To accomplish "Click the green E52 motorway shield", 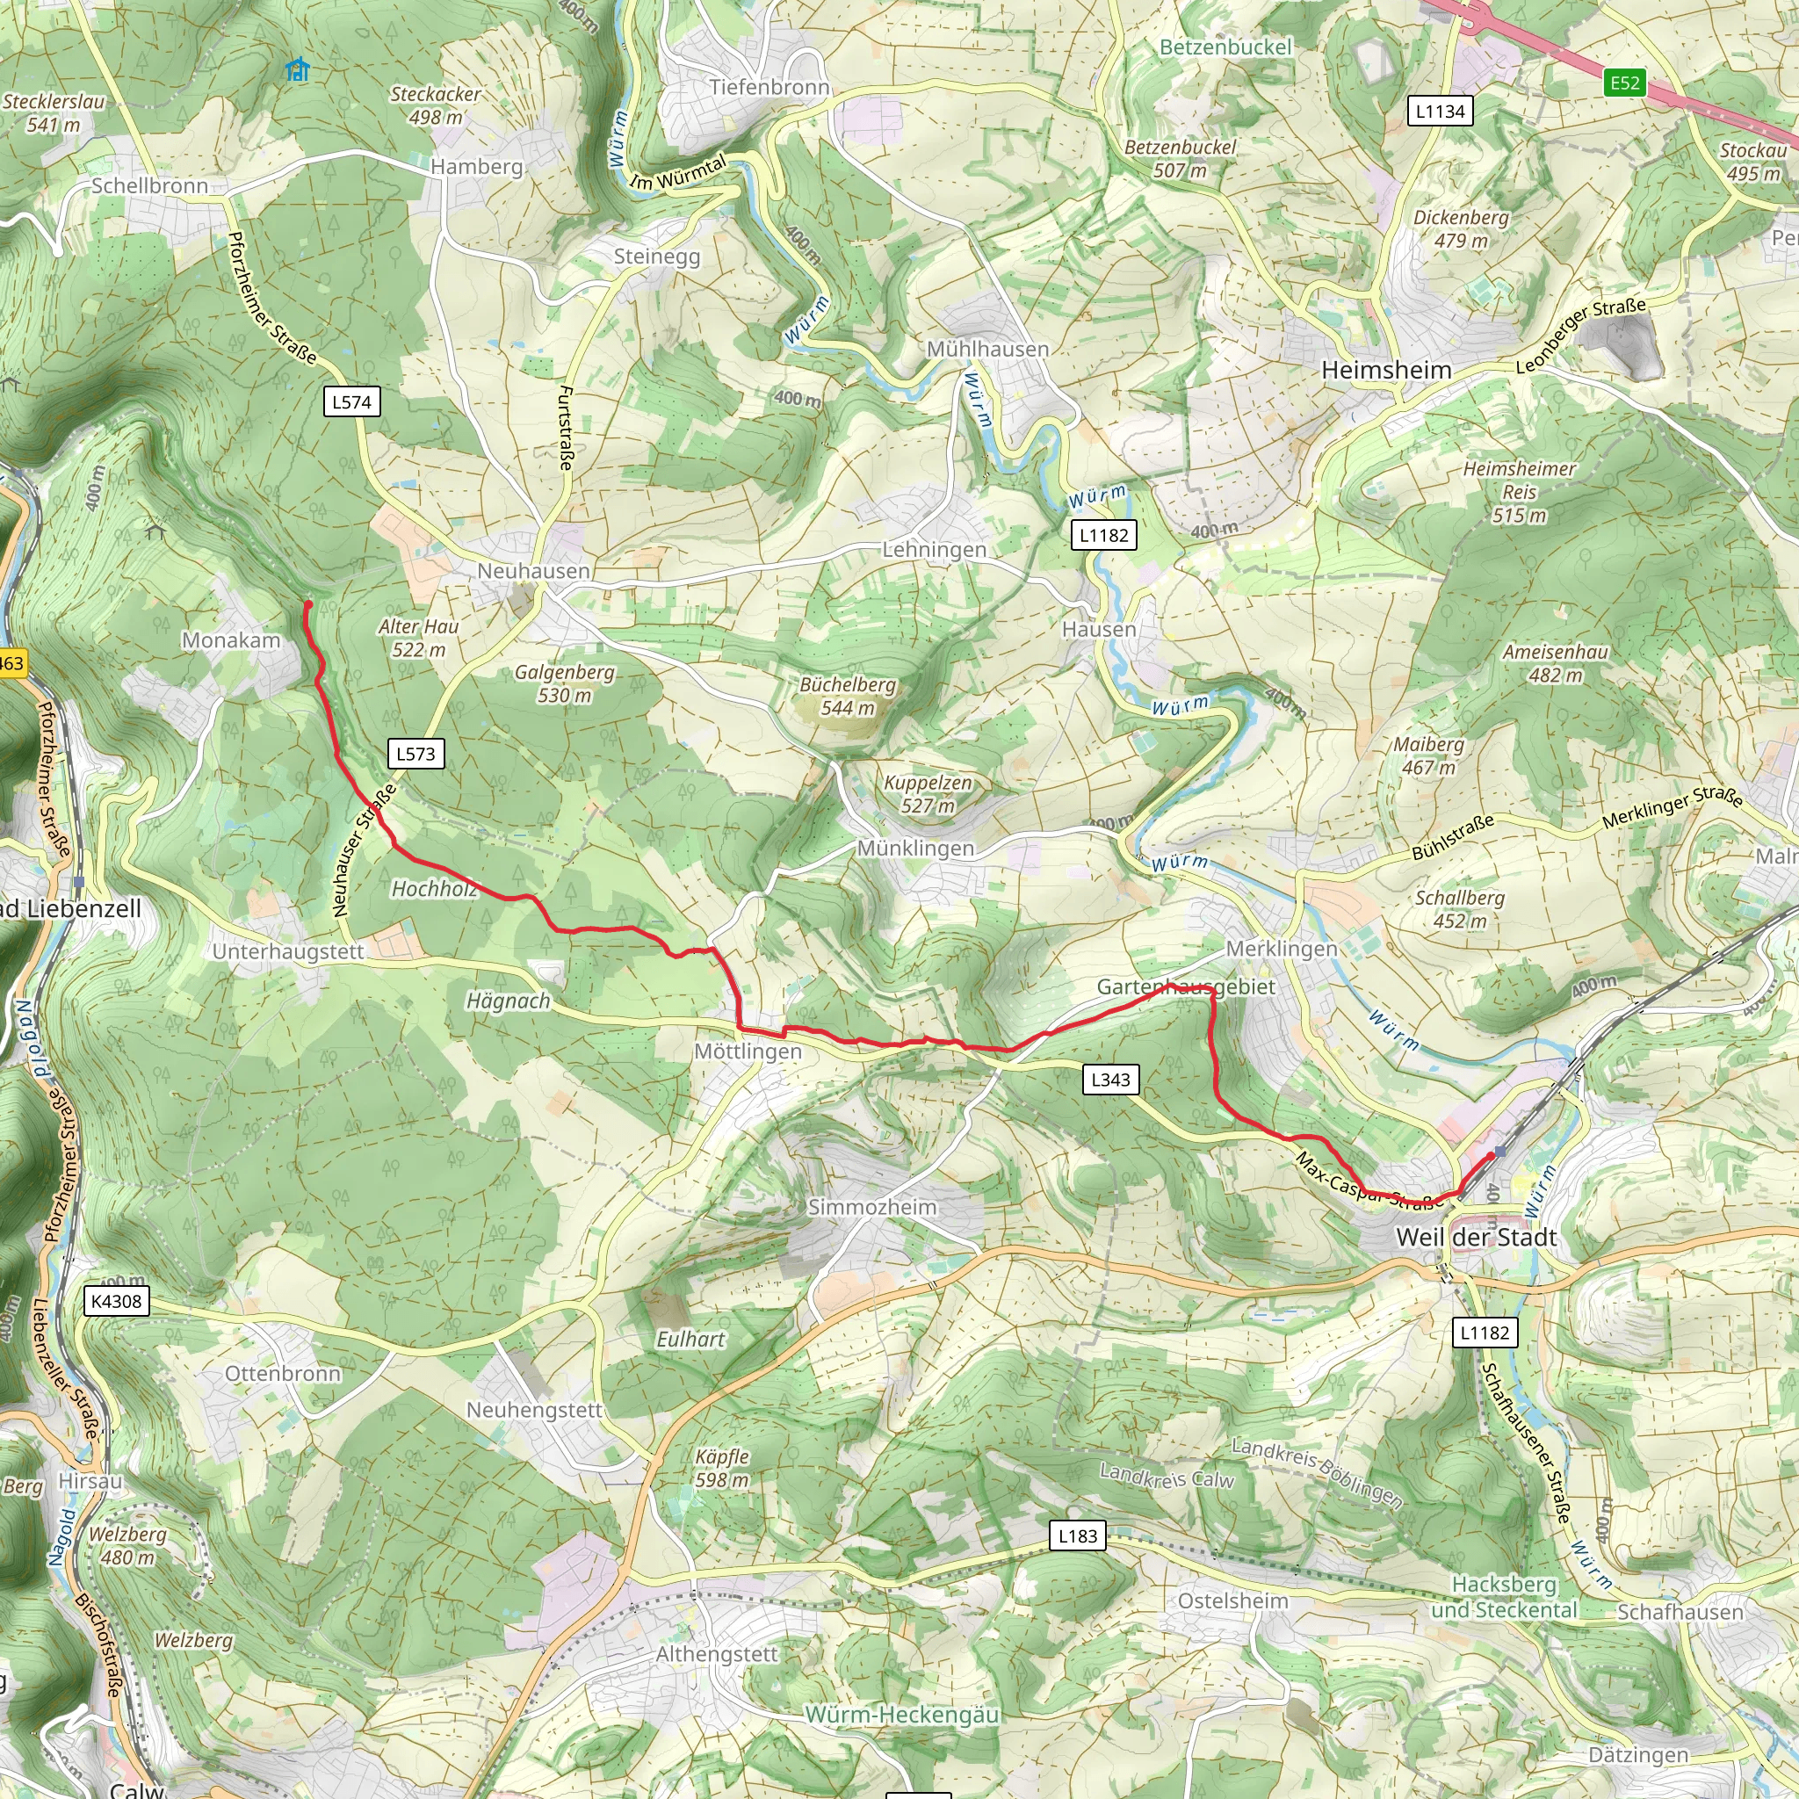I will [1625, 83].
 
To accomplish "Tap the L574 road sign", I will [352, 402].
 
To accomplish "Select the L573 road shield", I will [415, 754].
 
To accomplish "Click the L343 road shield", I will [1111, 1080].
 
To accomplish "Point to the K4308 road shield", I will [117, 1301].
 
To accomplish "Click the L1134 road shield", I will [1441, 112].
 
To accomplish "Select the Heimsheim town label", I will [1386, 370].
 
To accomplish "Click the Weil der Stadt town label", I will [1476, 1237].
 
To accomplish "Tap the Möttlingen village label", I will [748, 1051].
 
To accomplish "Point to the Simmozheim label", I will [872, 1207].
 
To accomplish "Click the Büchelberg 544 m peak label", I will [848, 696].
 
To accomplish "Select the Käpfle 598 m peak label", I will [722, 1469].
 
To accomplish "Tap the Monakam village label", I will [231, 639].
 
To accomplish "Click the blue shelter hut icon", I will [297, 70].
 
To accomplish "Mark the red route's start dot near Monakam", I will [308, 605].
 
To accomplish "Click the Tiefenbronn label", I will [769, 88].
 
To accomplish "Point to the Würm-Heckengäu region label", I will [901, 1715].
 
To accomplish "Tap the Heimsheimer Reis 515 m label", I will [1519, 492].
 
